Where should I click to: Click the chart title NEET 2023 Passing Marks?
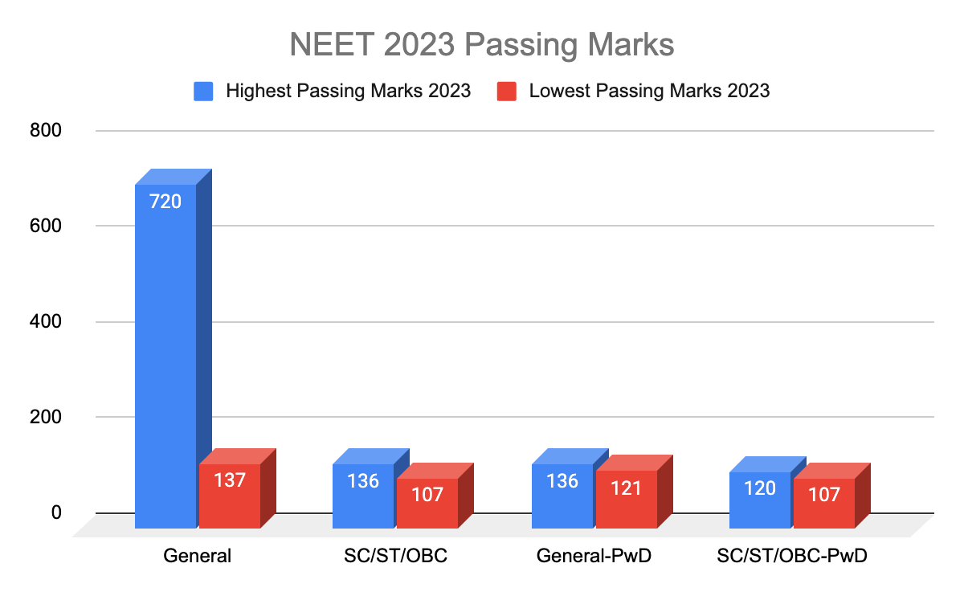(x=481, y=45)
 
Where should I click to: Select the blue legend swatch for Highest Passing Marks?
(x=203, y=91)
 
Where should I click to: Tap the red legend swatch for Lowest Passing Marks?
(x=506, y=91)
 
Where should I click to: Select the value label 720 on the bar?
(x=165, y=202)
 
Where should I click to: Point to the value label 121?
(x=626, y=488)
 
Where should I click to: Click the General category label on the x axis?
(x=197, y=556)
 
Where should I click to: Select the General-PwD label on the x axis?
(x=594, y=556)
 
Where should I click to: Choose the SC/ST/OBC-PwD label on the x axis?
(x=792, y=556)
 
